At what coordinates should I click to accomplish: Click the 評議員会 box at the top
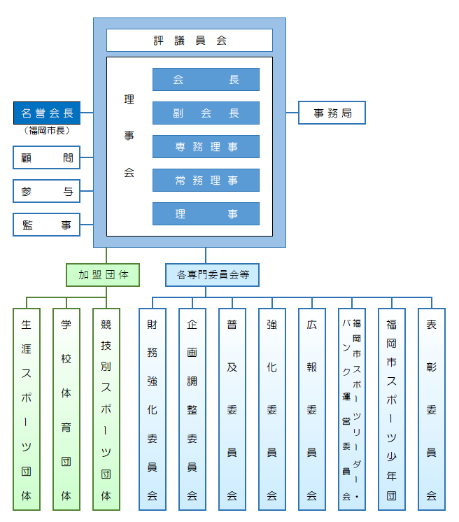[189, 40]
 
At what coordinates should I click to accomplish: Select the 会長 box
[206, 80]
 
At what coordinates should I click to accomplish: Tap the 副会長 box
[206, 113]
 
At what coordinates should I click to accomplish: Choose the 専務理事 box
[206, 147]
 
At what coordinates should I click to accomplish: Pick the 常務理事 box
[206, 181]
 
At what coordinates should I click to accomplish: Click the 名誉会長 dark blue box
[47, 113]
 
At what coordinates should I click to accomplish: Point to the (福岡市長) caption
[47, 131]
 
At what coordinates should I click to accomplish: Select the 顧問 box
[47, 157]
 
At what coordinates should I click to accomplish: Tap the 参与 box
[47, 190]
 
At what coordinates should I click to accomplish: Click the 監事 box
[47, 225]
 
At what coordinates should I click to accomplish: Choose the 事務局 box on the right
[332, 113]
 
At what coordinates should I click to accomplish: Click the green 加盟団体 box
[103, 274]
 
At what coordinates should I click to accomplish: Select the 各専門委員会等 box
[212, 274]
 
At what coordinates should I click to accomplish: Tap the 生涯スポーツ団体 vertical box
[27, 409]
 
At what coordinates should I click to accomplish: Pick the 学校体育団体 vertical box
[66, 409]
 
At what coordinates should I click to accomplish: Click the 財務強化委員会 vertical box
[152, 409]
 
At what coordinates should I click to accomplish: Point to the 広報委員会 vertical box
[311, 409]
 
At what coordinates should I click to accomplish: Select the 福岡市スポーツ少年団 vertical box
[392, 409]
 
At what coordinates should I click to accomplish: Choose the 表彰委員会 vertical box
[432, 409]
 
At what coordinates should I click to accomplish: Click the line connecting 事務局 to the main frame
[292, 113]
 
